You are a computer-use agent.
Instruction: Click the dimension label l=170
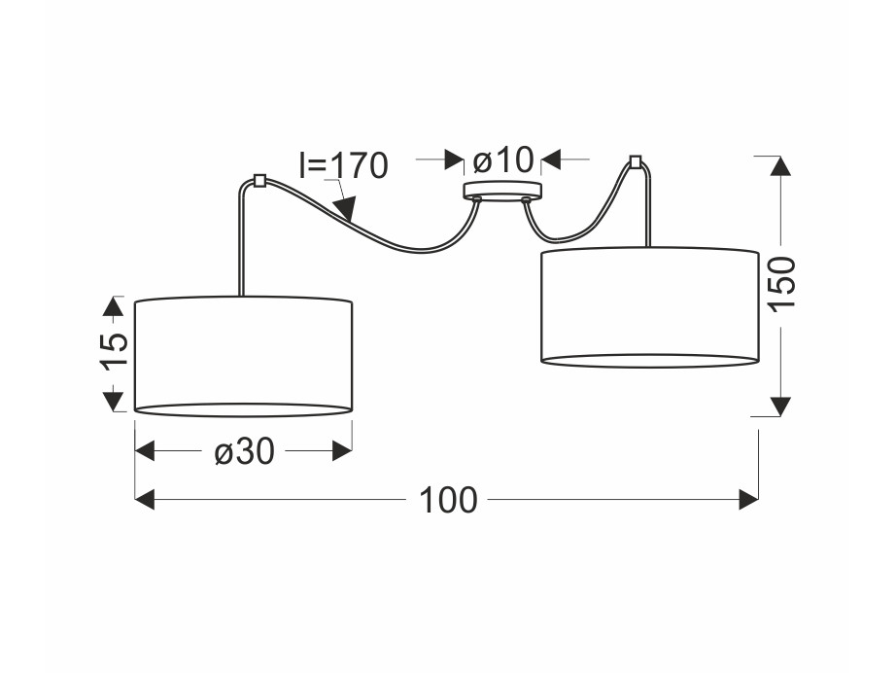343,165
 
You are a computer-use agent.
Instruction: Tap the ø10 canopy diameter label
502,159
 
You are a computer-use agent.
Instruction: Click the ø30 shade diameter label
245,451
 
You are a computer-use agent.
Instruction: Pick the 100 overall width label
448,500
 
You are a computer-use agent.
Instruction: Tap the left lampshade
243,356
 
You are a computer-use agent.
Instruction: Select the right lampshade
650,307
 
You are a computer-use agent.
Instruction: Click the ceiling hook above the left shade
258,180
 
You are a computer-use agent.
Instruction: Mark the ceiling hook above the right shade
634,161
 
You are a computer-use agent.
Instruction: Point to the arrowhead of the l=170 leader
346,209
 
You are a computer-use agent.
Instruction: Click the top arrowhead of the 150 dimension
780,166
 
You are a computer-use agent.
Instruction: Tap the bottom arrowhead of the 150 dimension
780,406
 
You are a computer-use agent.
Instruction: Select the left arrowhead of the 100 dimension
145,499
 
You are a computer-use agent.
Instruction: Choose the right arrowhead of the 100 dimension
748,499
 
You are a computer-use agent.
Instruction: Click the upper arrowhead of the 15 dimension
113,306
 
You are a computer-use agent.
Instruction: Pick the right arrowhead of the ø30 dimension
342,450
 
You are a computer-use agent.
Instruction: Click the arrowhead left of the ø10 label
454,159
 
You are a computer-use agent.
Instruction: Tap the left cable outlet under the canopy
476,199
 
